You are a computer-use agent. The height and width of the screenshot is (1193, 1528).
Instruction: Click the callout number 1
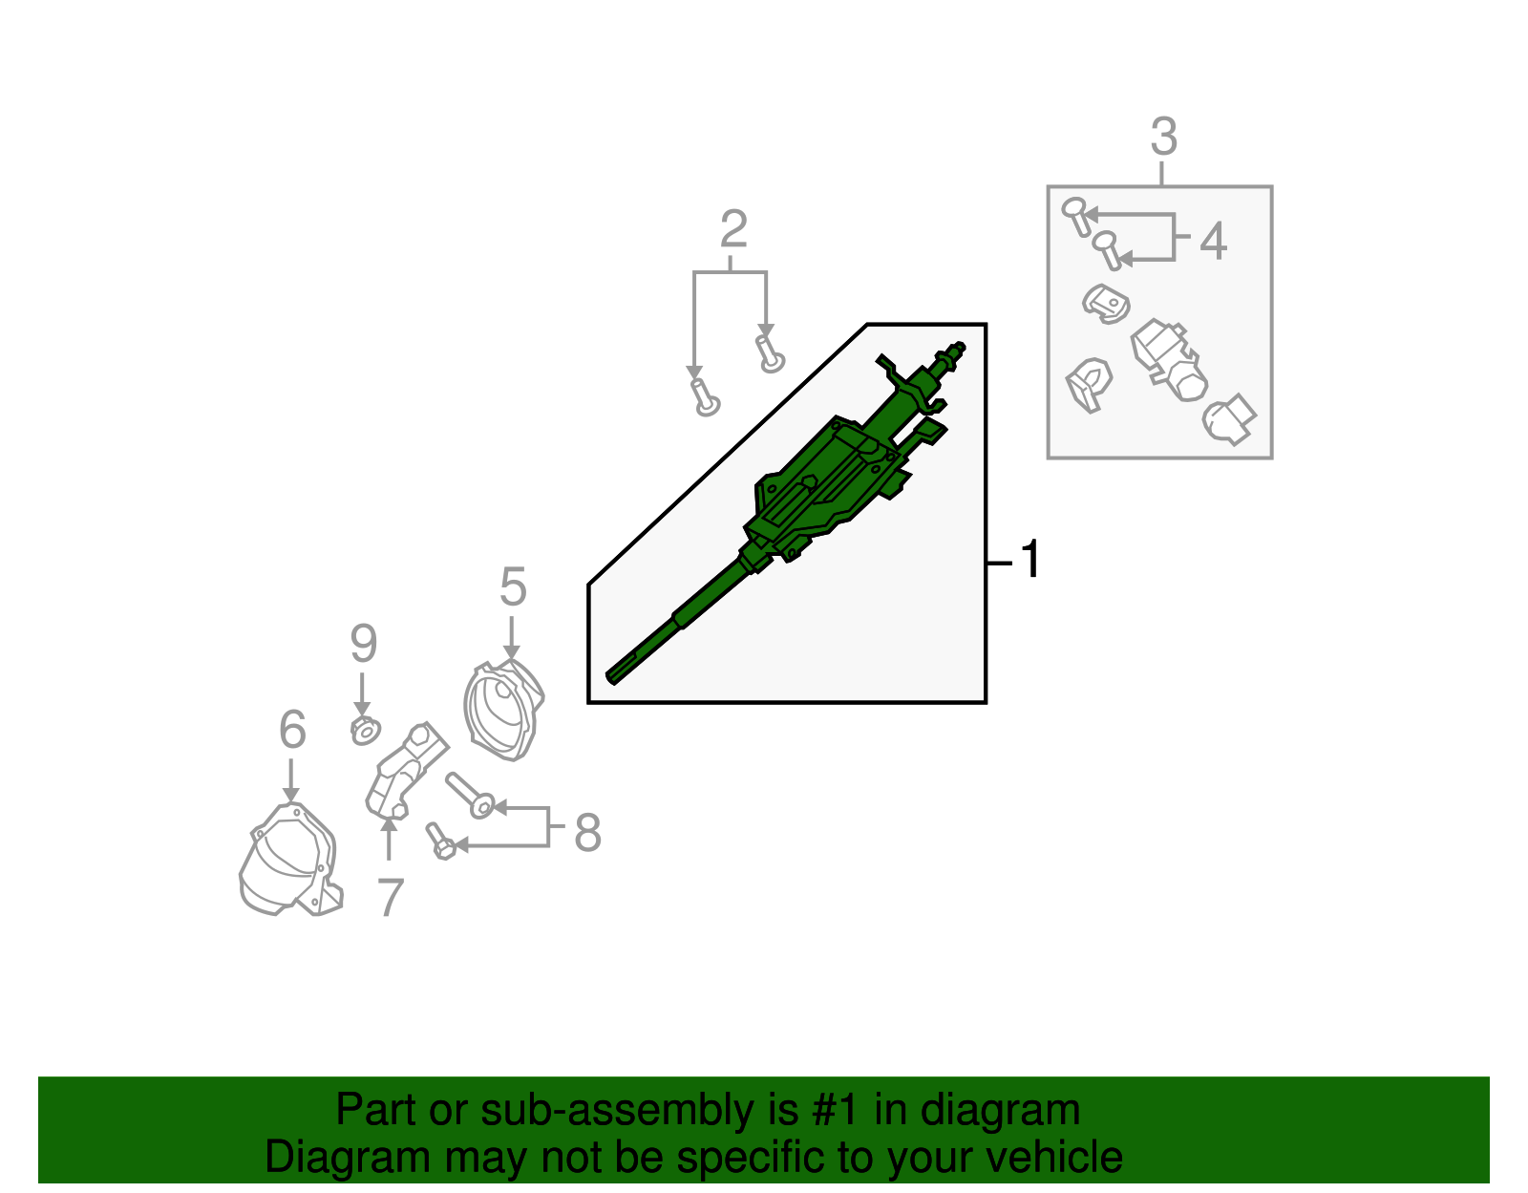click(x=1029, y=560)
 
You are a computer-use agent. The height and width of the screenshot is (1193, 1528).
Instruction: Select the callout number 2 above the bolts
click(x=732, y=229)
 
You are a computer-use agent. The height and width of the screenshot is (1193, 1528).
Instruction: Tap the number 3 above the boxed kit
click(x=1163, y=137)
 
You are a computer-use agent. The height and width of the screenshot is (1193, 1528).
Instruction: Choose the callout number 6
click(x=292, y=730)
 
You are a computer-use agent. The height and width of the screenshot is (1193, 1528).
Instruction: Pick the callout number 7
click(x=390, y=898)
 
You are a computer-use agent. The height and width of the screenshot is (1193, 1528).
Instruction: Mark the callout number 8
click(x=587, y=832)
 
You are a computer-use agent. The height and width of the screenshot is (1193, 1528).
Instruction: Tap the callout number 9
click(x=363, y=644)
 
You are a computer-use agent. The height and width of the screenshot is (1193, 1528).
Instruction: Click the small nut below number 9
click(x=365, y=731)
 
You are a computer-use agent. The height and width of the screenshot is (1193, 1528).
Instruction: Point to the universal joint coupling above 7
click(x=405, y=770)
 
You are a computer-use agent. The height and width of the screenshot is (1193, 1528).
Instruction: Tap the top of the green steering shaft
click(x=958, y=349)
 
